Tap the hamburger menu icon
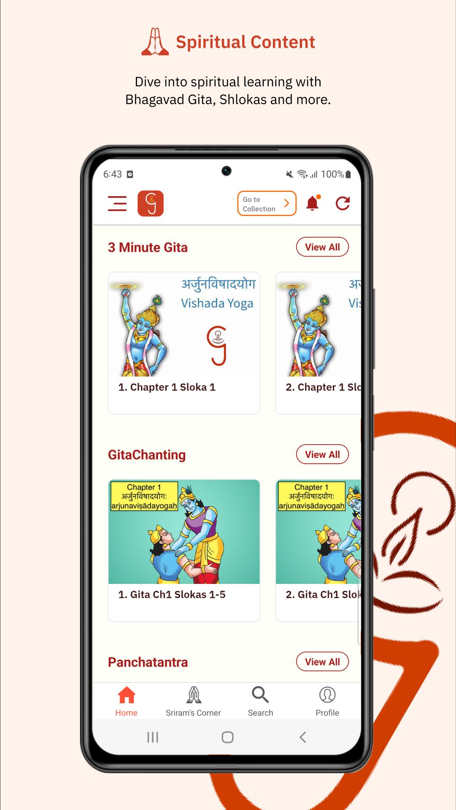click(117, 203)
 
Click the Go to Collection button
click(267, 204)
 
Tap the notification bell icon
click(313, 203)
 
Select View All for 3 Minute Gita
click(322, 247)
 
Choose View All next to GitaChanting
click(322, 454)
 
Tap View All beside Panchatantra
click(322, 662)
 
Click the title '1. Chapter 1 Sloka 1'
click(167, 387)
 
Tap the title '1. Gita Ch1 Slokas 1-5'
click(172, 595)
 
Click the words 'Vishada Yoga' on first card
click(217, 304)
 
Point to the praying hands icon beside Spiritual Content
click(155, 42)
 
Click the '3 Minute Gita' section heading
click(148, 248)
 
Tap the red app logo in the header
click(151, 203)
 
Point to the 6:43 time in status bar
click(113, 174)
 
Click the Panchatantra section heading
click(148, 662)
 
